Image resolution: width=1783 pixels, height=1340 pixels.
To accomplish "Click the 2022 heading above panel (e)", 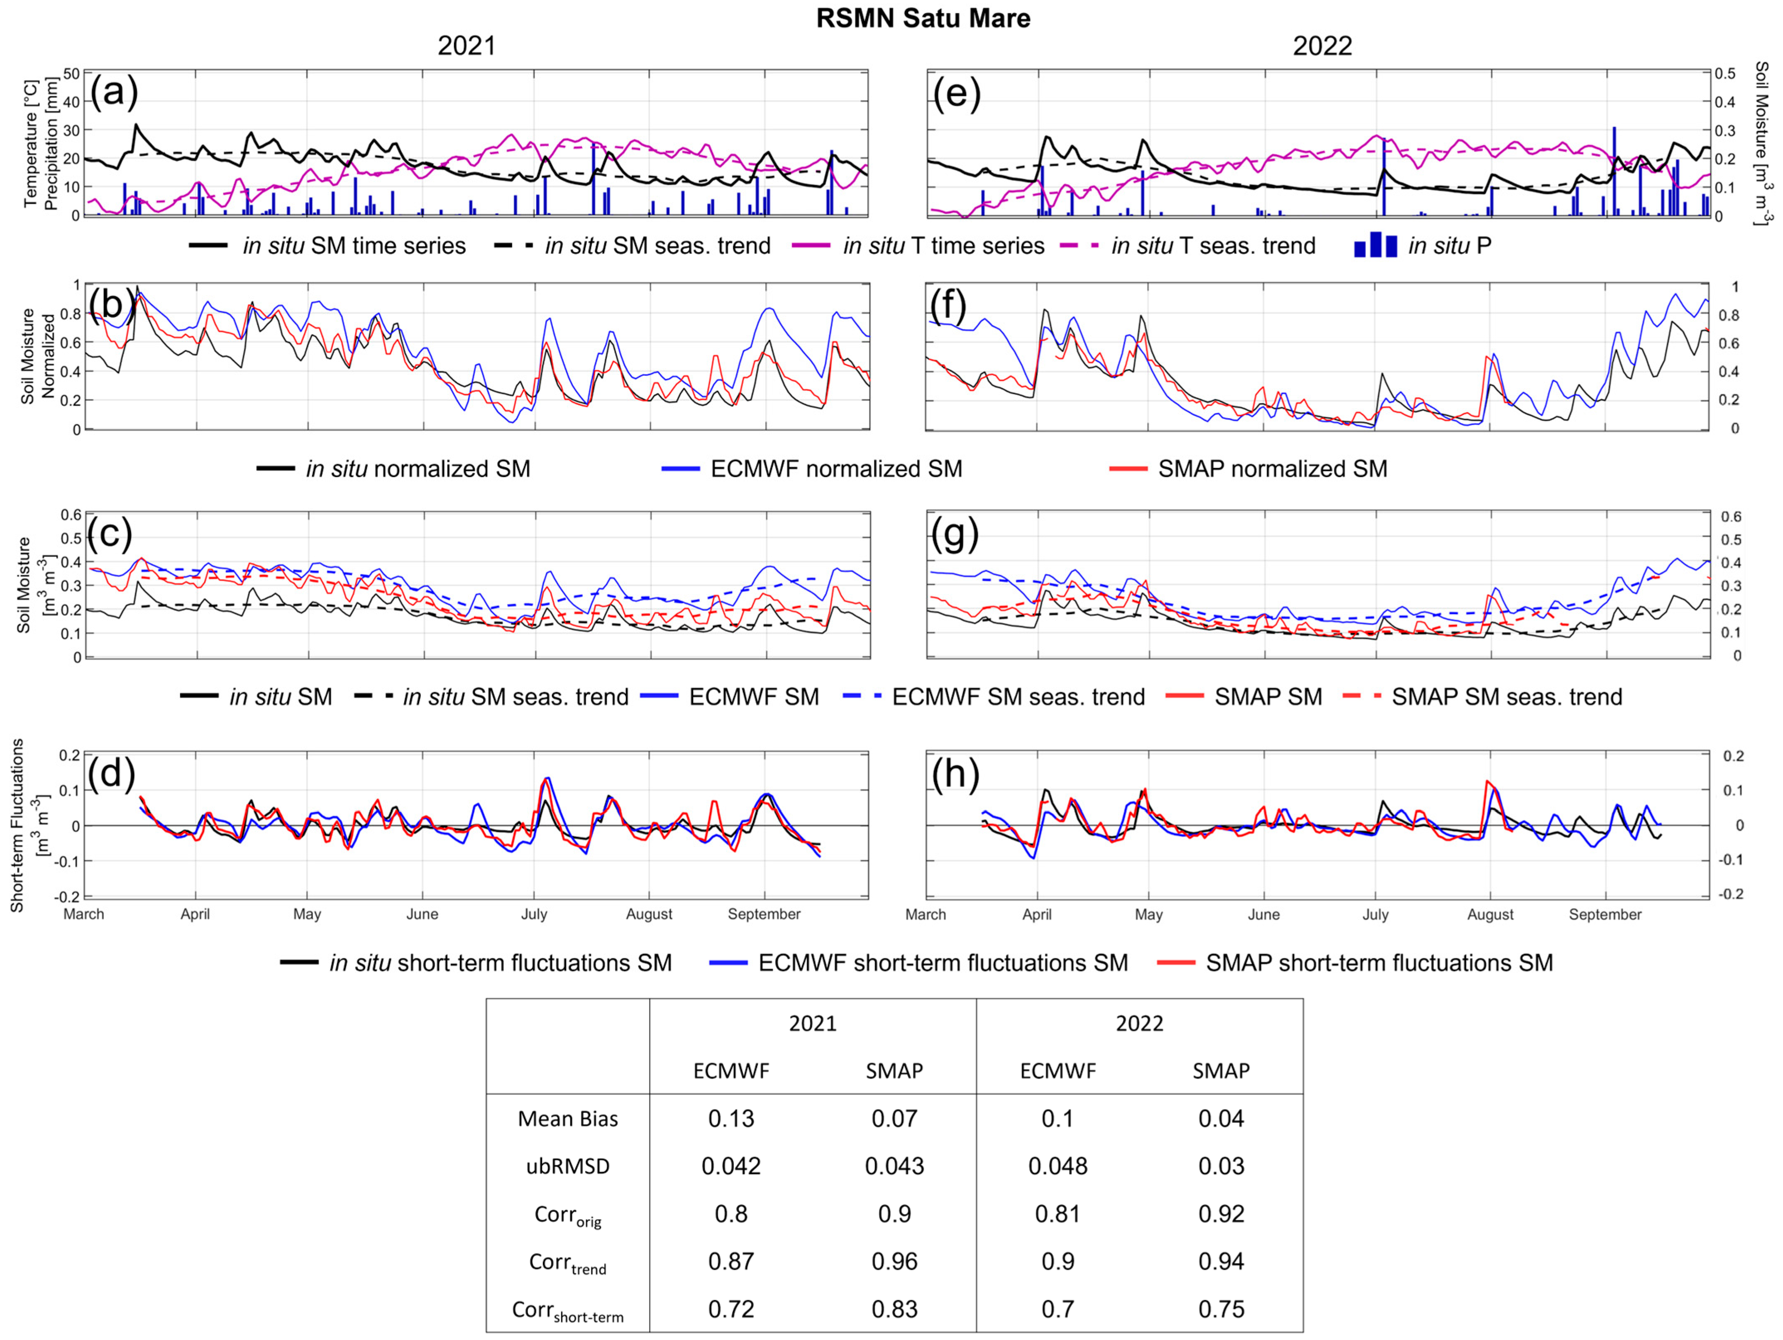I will point(1322,46).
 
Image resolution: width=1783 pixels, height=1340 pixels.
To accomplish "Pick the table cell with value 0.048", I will point(1058,1166).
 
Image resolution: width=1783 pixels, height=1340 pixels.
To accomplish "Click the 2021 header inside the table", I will point(813,1024).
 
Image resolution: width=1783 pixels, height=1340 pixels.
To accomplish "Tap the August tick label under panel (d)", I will point(649,914).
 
